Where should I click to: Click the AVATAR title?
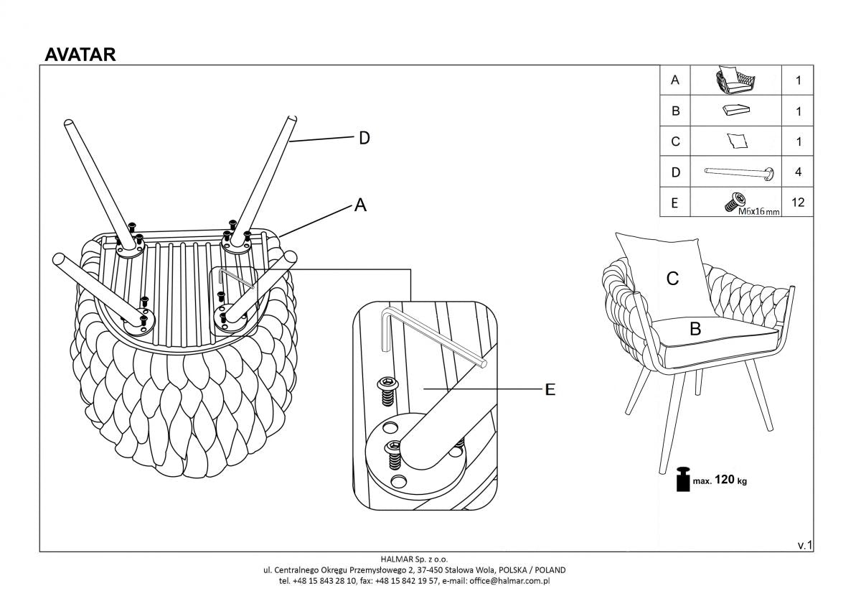(x=80, y=55)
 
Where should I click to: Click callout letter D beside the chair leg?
(x=364, y=139)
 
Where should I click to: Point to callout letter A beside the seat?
(x=360, y=206)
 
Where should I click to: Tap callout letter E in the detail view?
(x=550, y=389)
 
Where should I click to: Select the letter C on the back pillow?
(x=672, y=279)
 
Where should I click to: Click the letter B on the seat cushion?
(x=695, y=329)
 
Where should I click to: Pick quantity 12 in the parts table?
(x=797, y=203)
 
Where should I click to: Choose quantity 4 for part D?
(x=798, y=172)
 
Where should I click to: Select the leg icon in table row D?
(x=739, y=172)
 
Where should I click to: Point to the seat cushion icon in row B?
(x=735, y=111)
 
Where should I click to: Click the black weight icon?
(x=682, y=480)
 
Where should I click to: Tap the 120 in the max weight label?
(x=725, y=480)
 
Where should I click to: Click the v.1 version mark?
(x=804, y=545)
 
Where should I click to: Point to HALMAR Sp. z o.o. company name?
(x=414, y=558)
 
